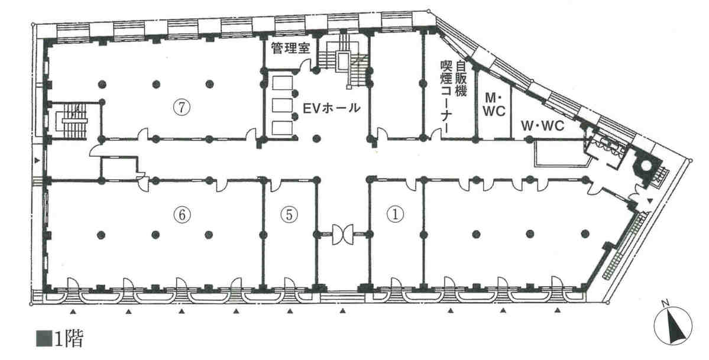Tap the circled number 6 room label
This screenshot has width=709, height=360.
tap(182, 215)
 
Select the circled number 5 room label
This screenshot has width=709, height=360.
tap(289, 215)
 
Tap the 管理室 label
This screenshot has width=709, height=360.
tap(291, 48)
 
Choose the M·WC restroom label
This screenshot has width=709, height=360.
tap(495, 104)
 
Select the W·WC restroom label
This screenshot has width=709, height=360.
tap(542, 126)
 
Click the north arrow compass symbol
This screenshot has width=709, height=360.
tap(674, 325)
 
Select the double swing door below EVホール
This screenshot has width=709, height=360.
tap(343, 234)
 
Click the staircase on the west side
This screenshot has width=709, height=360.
tap(72, 121)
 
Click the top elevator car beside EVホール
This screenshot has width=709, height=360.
tap(283, 83)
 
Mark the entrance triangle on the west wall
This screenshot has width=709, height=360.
tap(37, 161)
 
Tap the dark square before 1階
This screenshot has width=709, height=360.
tap(43, 339)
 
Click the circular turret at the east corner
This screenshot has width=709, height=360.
tap(647, 166)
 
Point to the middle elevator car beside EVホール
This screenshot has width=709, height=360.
tap(283, 105)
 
